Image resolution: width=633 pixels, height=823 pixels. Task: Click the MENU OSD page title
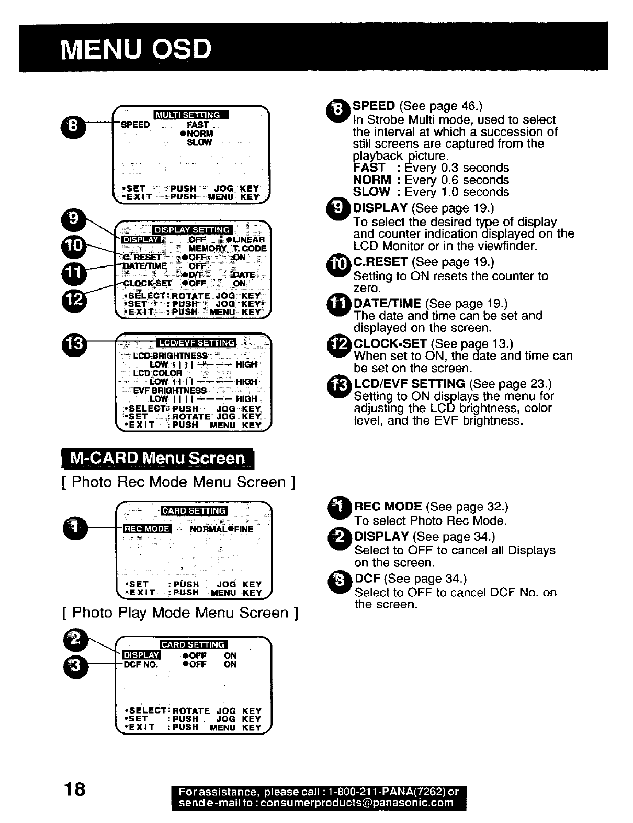pos(136,49)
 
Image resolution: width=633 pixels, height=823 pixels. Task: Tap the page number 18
pos(74,788)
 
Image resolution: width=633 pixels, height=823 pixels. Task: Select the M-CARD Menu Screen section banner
pos(157,459)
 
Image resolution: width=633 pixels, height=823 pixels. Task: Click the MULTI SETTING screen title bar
pos(190,115)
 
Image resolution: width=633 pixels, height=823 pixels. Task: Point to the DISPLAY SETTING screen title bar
pos(193,230)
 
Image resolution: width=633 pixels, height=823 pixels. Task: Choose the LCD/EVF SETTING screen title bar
pos(196,343)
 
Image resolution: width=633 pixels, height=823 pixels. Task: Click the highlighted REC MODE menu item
pos(146,529)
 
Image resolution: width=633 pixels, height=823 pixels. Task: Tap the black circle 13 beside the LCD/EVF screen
pos(72,344)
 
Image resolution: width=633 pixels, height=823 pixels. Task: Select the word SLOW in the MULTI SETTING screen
pos(199,142)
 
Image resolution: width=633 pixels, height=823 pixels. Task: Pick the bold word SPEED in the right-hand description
pos(374,106)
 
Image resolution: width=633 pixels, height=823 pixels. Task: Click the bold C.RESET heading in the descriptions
pos(380,262)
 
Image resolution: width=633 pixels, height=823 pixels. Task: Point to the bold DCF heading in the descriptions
pos(367,579)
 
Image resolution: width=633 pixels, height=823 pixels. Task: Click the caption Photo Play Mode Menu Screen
pos(180,613)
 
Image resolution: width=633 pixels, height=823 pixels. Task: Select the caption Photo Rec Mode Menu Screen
pos(178,482)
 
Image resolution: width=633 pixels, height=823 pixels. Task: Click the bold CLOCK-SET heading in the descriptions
pos(390,344)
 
